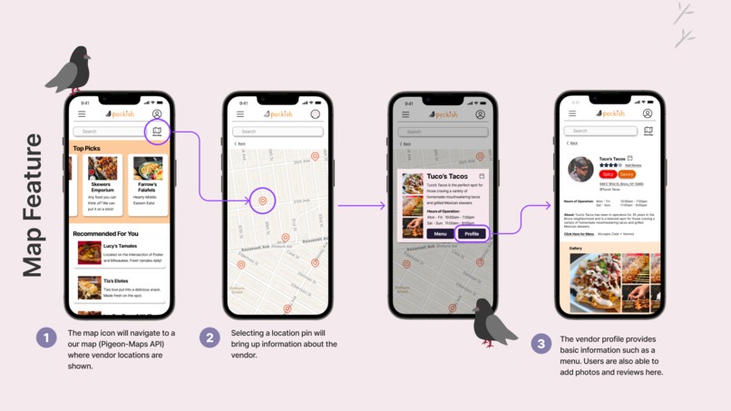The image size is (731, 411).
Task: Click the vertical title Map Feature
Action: click(33, 205)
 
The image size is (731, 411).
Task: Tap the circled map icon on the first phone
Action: click(157, 132)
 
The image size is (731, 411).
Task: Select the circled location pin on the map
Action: click(263, 201)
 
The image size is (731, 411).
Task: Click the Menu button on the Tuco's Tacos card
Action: click(440, 233)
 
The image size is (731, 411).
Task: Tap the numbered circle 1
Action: click(46, 338)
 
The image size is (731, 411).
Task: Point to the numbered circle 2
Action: click(210, 338)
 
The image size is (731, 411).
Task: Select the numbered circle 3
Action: click(541, 343)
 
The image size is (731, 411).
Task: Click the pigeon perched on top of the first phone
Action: click(71, 71)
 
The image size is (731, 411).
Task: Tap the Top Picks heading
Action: click(87, 149)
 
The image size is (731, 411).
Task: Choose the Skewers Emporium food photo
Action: click(102, 169)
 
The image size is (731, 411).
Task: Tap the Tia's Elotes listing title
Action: click(115, 281)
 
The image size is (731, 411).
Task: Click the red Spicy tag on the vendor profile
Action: click(607, 173)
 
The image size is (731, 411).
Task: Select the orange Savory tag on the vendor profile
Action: click(626, 173)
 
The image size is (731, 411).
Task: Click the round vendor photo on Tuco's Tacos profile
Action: click(580, 169)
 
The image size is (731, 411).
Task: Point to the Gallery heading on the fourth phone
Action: click(575, 248)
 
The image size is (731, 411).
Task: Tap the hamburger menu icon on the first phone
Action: click(82, 114)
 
